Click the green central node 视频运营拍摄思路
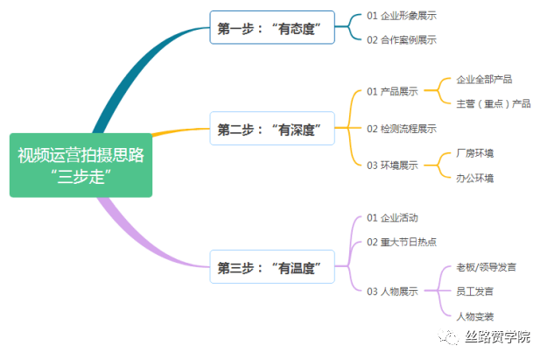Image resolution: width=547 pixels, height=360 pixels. (x=81, y=166)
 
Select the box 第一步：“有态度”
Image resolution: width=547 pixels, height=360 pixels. (x=272, y=27)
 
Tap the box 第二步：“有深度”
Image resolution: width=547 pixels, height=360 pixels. (x=272, y=129)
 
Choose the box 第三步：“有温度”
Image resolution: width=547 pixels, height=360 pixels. (x=272, y=267)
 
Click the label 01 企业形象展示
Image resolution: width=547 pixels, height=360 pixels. (x=402, y=16)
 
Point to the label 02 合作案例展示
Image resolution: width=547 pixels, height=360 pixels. (x=402, y=40)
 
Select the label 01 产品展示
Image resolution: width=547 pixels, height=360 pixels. (x=392, y=91)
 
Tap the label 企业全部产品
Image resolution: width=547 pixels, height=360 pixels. (x=484, y=79)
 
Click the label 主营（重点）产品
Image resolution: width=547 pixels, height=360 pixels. (x=494, y=103)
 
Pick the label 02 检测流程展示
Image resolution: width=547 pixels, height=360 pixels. (x=402, y=129)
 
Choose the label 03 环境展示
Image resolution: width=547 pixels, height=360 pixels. (x=392, y=166)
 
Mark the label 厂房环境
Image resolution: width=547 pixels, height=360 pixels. (x=474, y=153)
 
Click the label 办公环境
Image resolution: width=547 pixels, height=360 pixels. (x=474, y=178)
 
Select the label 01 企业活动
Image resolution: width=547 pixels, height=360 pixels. (x=392, y=218)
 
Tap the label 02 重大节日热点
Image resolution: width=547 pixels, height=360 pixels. (x=402, y=242)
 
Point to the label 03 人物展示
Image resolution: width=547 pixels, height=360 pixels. (x=392, y=291)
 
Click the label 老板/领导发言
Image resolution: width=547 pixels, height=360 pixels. (x=486, y=267)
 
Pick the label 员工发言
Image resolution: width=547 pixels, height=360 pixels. (x=474, y=291)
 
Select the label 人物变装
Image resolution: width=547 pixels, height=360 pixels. (x=474, y=316)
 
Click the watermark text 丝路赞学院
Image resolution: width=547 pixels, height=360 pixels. (x=497, y=337)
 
